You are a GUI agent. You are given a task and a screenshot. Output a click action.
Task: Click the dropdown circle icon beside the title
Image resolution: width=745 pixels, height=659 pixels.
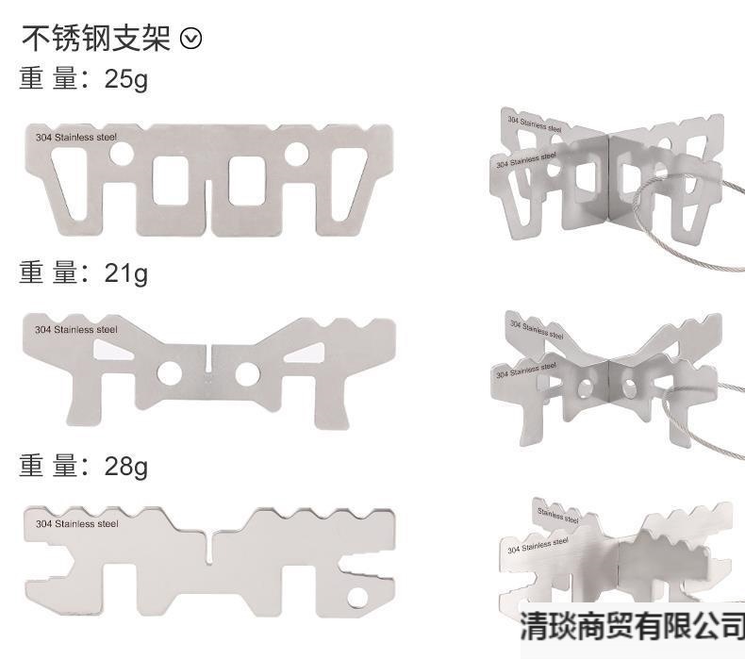pyautogui.click(x=190, y=39)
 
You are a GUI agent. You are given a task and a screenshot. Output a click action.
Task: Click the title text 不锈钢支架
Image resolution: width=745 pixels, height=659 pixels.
pyautogui.click(x=96, y=39)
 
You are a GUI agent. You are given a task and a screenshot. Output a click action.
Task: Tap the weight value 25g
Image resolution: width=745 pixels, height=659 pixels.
pyautogui.click(x=126, y=79)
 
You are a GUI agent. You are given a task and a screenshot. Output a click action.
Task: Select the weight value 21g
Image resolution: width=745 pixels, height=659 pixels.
pyautogui.click(x=126, y=273)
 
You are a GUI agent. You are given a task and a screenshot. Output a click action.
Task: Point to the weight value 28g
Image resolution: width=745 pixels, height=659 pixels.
pyautogui.click(x=126, y=466)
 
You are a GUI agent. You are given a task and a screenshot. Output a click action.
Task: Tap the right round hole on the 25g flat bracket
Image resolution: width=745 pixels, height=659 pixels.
pyautogui.click(x=295, y=152)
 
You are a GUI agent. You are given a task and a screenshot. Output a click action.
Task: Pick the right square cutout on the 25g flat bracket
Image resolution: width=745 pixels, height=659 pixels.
pyautogui.click(x=247, y=180)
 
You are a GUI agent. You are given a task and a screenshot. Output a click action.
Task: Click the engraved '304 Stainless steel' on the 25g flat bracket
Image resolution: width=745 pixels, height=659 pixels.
pyautogui.click(x=76, y=138)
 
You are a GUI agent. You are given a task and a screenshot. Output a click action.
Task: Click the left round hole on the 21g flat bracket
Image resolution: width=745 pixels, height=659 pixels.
pyautogui.click(x=170, y=373)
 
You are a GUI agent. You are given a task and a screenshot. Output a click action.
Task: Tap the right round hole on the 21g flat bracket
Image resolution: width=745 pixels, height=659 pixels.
pyautogui.click(x=247, y=373)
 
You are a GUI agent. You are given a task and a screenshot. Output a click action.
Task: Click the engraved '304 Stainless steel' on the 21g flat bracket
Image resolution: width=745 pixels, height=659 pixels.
pyautogui.click(x=76, y=330)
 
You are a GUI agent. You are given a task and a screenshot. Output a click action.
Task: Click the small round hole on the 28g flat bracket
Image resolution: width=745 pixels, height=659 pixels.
pyautogui.click(x=357, y=596)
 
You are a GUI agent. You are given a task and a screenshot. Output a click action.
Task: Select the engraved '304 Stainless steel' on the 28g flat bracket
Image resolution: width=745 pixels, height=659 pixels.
pyautogui.click(x=76, y=523)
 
